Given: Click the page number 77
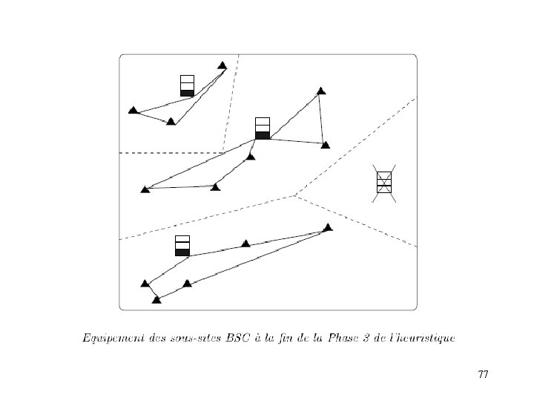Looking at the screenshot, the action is (483, 374).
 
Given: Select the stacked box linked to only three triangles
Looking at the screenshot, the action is (187, 85).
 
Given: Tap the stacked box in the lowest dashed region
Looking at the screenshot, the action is (182, 246).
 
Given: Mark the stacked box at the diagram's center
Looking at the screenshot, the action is (263, 128).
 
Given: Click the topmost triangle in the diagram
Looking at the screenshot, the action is (222, 65).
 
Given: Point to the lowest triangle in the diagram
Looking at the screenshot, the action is (156, 300).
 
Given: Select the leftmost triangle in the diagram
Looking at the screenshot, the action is (133, 110).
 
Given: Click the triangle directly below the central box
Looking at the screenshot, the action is (251, 157).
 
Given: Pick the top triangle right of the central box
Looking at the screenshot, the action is (320, 91).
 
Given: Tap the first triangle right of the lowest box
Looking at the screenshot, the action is (246, 244).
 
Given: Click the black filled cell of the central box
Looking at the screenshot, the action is (263, 135).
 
